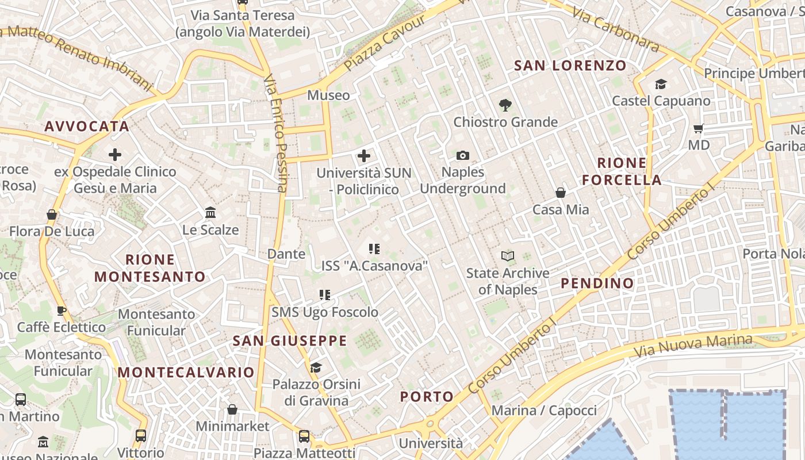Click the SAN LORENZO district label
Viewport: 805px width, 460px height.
570,66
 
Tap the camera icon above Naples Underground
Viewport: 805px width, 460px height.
462,156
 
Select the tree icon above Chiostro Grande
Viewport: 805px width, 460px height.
505,105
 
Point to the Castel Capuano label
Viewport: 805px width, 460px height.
661,101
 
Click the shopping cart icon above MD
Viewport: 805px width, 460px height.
699,128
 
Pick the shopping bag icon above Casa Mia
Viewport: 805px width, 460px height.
561,193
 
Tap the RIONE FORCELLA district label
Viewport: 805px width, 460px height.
622,171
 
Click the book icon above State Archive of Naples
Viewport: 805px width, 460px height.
507,256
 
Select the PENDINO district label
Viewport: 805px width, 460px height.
597,283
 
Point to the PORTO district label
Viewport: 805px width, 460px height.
427,396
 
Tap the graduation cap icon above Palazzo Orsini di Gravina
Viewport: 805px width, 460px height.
316,367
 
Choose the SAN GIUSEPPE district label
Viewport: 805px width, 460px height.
290,340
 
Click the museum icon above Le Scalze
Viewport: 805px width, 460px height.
210,213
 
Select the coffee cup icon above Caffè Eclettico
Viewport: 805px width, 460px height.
61,311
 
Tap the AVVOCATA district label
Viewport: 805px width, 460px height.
87,126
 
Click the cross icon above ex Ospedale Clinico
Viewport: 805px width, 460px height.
115,155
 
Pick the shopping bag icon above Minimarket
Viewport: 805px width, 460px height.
232,409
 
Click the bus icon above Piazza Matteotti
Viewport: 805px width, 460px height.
304,436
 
